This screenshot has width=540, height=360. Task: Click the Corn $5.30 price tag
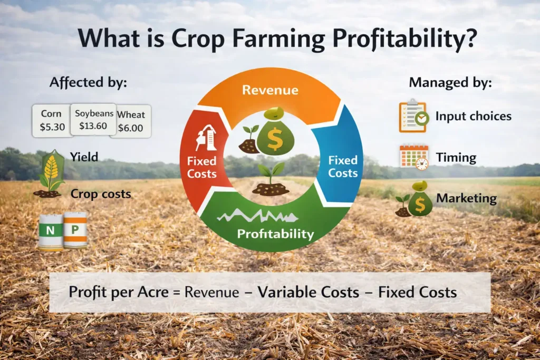pos(51,120)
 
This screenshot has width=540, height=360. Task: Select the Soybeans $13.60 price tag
pos(93,120)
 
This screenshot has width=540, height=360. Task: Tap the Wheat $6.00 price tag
pos(131,121)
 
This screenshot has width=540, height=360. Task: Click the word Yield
pos(84,156)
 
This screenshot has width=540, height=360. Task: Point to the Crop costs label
pos(101,194)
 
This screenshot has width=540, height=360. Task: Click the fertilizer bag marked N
pos(50,230)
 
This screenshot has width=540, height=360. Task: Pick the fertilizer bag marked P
pos(75,230)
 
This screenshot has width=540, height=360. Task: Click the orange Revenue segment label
pos(269,90)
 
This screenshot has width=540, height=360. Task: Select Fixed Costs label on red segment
pos(201,167)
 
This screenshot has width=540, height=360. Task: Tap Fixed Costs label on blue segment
pos(343,166)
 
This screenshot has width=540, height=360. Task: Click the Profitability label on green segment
pos(275,233)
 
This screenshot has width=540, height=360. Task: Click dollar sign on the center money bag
pos(275,139)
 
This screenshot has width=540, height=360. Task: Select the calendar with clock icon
pos(414,157)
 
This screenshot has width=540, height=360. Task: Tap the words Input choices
pos(473,116)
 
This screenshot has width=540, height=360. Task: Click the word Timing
pos(456,157)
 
